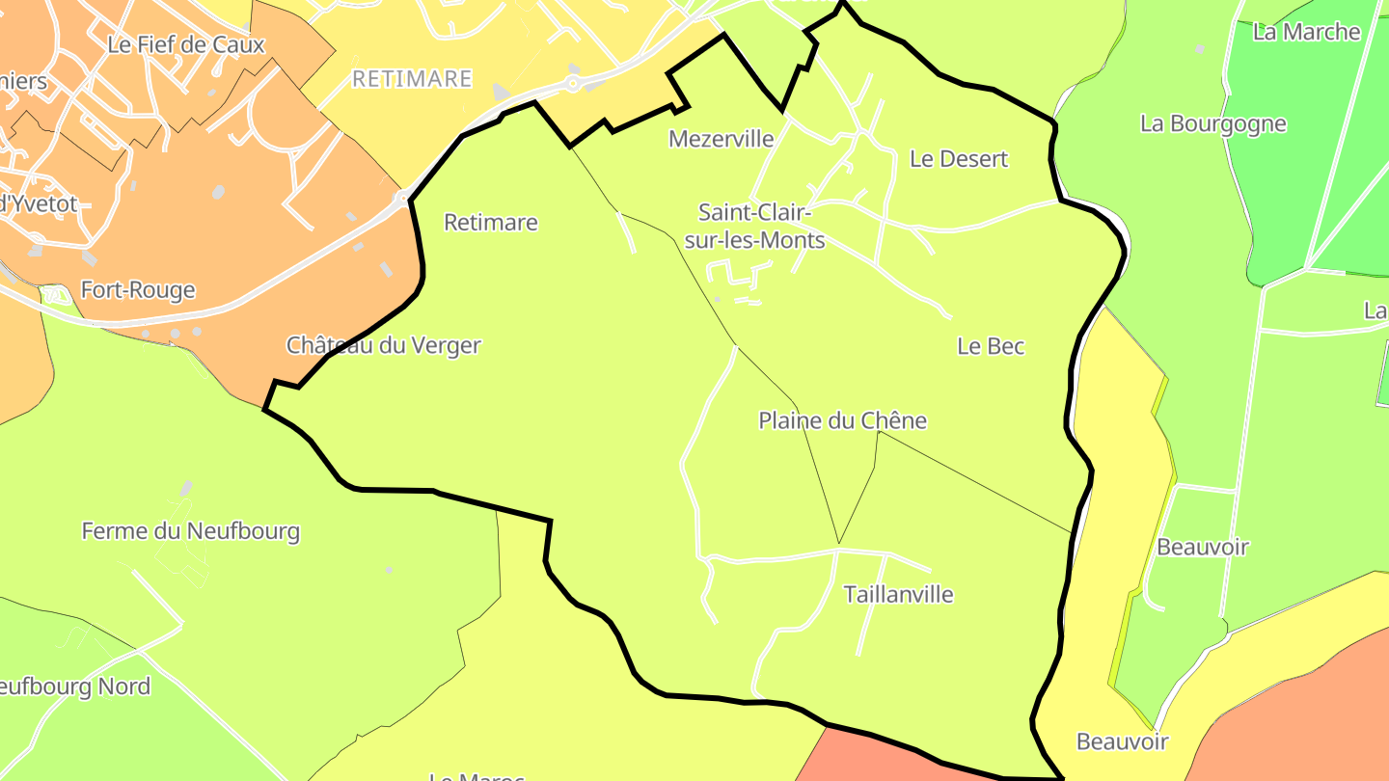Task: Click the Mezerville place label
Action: pyautogui.click(x=721, y=139)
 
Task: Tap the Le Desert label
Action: pyautogui.click(x=958, y=159)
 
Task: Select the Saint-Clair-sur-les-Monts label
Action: pyautogui.click(x=761, y=226)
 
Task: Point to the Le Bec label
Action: pyautogui.click(x=990, y=346)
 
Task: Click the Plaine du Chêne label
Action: pyautogui.click(x=842, y=420)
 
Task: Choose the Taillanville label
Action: pyautogui.click(x=898, y=594)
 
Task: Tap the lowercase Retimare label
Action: pyautogui.click(x=490, y=223)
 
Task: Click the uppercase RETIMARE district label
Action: pyautogui.click(x=412, y=79)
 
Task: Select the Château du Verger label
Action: pyautogui.click(x=383, y=345)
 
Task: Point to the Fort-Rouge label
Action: pyautogui.click(x=137, y=290)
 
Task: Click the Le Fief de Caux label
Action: pyautogui.click(x=185, y=44)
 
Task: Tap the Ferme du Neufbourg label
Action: pyautogui.click(x=190, y=531)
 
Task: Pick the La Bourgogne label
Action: pyautogui.click(x=1212, y=123)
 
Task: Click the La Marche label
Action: pyautogui.click(x=1305, y=32)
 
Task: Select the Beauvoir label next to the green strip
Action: pyautogui.click(x=1202, y=547)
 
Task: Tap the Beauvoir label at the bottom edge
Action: pyautogui.click(x=1122, y=741)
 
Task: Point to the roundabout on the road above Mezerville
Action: pyautogui.click(x=573, y=84)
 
